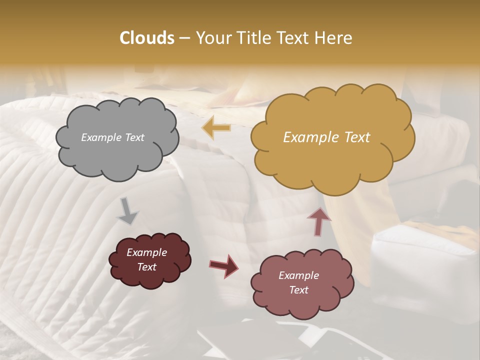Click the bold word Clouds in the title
[147, 38]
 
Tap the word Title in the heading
[253, 38]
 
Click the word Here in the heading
[334, 38]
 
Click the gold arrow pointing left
[216, 128]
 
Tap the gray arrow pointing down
[127, 211]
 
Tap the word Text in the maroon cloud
[147, 267]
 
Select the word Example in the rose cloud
[298, 275]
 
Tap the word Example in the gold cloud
[309, 137]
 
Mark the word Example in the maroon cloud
[147, 252]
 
